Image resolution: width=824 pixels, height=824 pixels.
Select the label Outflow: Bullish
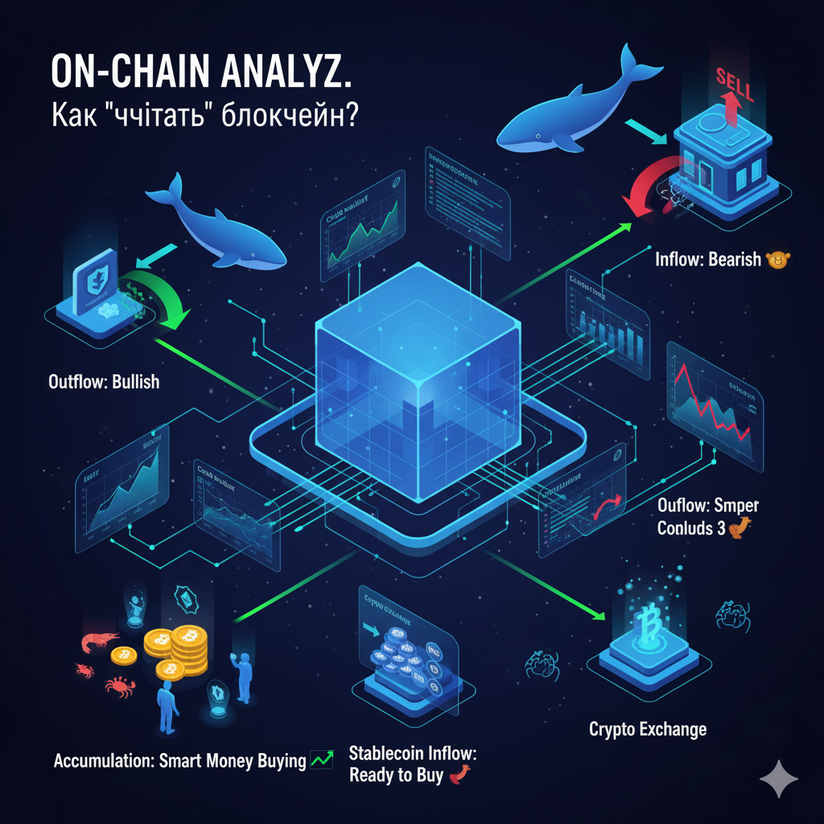coord(104,381)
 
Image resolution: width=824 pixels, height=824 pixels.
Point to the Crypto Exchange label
coord(648,730)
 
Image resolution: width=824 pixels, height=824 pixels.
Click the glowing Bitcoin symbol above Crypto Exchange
coord(643,620)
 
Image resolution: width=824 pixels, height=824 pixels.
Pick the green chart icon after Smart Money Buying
coord(322,760)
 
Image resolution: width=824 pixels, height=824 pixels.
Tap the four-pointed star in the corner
coord(779,779)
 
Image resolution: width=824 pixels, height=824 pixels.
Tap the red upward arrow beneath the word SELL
coord(718,109)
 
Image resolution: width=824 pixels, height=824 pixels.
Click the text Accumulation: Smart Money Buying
coord(179,760)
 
